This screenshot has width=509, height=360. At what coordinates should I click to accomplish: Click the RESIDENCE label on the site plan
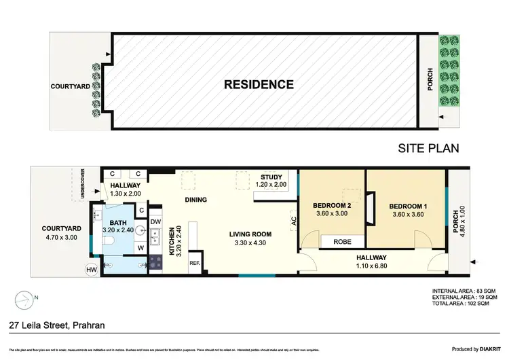pyautogui.click(x=260, y=85)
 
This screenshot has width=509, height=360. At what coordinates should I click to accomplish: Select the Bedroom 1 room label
pyautogui.click(x=407, y=206)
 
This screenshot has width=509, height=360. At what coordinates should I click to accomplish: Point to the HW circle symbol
pyautogui.click(x=92, y=270)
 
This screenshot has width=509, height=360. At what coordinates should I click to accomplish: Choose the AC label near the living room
pyautogui.click(x=294, y=221)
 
